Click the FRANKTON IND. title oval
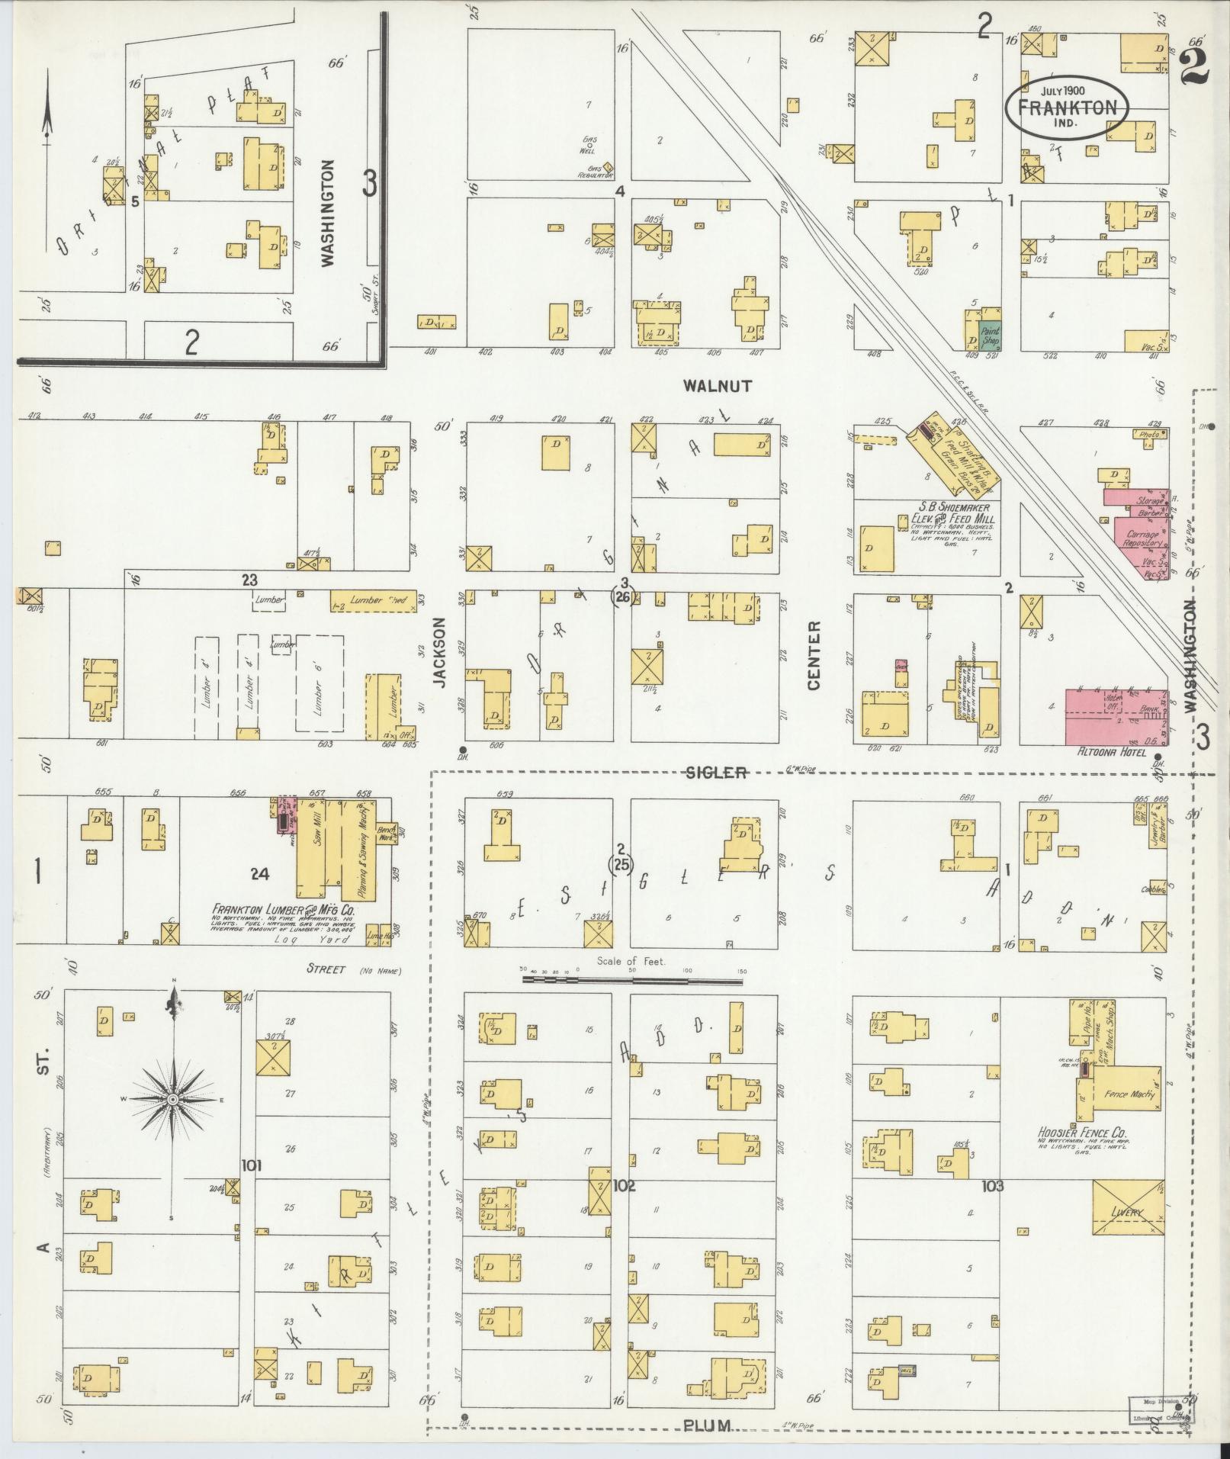tap(1066, 108)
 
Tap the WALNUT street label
tap(717, 386)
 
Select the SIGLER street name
tap(716, 773)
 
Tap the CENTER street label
tap(813, 655)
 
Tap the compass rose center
tap(173, 1099)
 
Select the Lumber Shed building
tap(374, 601)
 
